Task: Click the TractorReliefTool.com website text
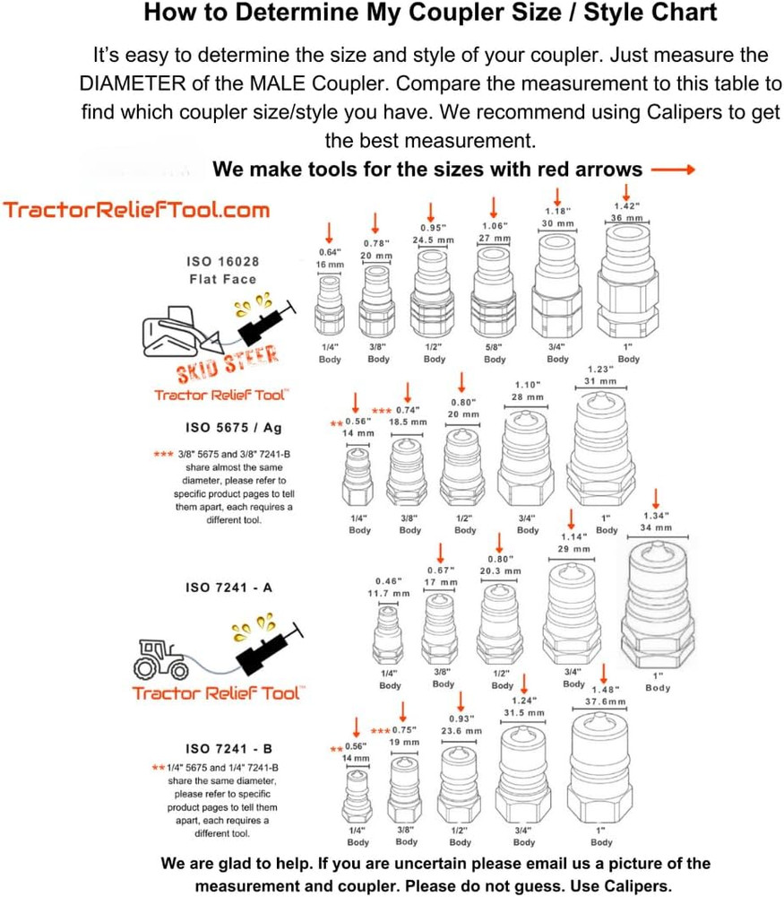click(136, 210)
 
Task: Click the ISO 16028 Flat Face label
click(222, 270)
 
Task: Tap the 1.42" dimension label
click(627, 206)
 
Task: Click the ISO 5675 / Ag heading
click(233, 427)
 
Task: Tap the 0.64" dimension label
click(330, 252)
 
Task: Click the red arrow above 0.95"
click(431, 212)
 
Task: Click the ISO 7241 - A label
click(228, 588)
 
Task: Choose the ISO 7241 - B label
click(228, 748)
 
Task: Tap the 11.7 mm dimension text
click(389, 593)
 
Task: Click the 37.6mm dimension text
click(605, 701)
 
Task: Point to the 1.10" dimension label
click(528, 385)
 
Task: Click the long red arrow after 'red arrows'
click(673, 170)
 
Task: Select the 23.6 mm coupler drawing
click(459, 785)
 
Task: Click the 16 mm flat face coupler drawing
click(330, 306)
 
